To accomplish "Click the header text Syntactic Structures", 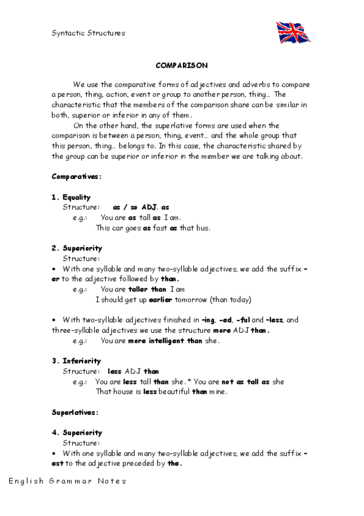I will point(88,33).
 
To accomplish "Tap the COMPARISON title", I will point(182,64).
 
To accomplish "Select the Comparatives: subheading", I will point(76,176).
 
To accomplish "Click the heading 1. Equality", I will point(71,197).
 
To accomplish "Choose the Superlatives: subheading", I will point(75,412).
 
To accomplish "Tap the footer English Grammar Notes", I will point(67,481).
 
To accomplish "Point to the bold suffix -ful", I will point(242,319).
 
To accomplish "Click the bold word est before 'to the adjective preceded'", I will point(58,463).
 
